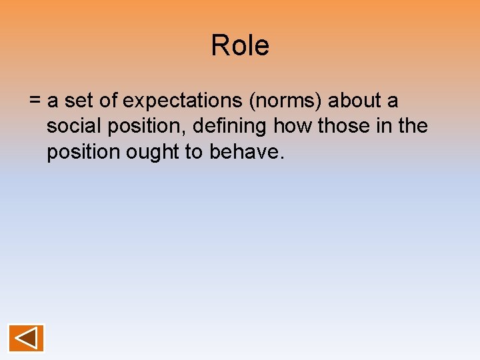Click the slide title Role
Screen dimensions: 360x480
(240, 46)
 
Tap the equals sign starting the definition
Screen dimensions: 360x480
(35, 101)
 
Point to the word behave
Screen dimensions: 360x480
(247, 153)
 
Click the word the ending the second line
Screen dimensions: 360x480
(412, 127)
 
